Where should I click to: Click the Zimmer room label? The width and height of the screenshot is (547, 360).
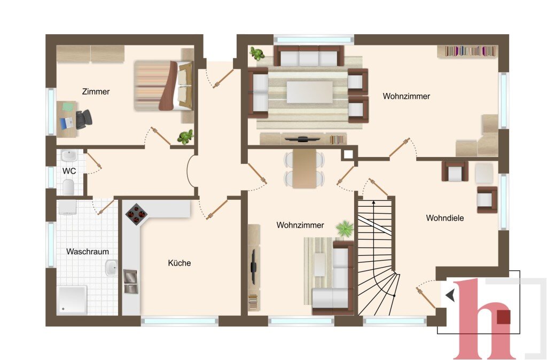pos(96,92)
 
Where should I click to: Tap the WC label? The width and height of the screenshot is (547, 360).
pos(69,171)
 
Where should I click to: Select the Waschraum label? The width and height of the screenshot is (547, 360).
pos(88,252)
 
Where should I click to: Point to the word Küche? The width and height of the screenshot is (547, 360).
pos(179,263)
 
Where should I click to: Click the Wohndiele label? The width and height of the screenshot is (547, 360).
pos(445,218)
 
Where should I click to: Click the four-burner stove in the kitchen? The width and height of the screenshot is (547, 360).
pos(136,214)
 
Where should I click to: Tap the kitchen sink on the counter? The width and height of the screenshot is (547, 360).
pos(130,281)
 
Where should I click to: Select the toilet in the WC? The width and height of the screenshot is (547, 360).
pos(68,187)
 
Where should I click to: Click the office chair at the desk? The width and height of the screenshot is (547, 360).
pos(84,119)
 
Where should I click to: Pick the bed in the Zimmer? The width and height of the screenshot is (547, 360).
pos(163,86)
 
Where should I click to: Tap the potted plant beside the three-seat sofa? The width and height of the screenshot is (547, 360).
pos(257,54)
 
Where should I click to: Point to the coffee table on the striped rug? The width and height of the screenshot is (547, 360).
pos(310,92)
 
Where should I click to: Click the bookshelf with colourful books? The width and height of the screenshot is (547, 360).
pos(467,51)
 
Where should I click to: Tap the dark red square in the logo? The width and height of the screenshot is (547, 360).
pos(503,317)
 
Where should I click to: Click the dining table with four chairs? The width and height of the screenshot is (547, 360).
pos(304,169)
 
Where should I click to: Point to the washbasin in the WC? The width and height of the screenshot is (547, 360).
pos(69,156)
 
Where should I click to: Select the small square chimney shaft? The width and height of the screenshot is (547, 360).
pos(347,155)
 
